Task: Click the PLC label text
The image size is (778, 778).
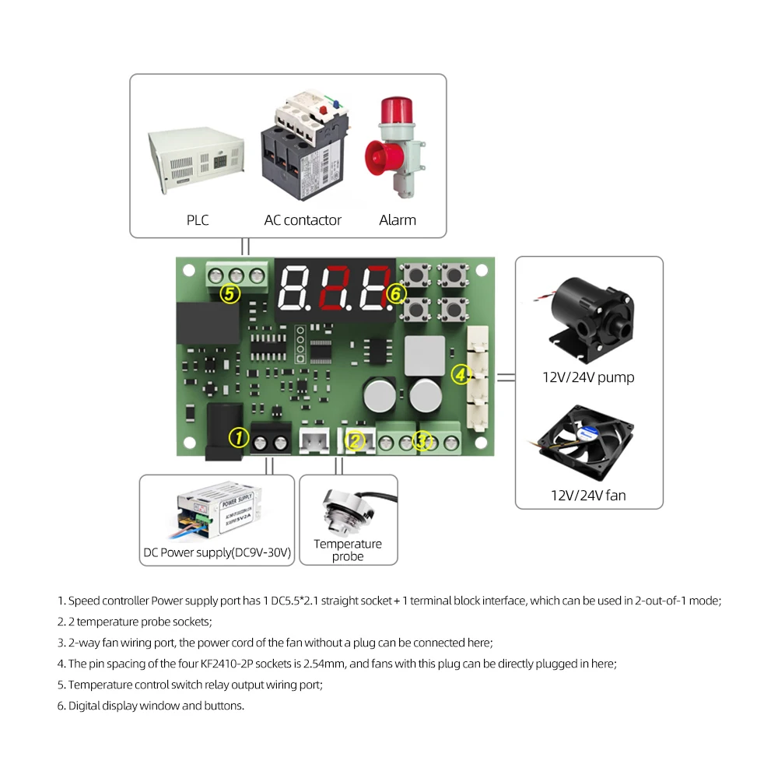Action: click(x=198, y=220)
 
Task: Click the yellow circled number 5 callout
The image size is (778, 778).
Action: click(x=230, y=294)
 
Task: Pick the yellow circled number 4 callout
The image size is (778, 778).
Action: click(x=461, y=375)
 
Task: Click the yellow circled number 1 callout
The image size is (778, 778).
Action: click(x=239, y=438)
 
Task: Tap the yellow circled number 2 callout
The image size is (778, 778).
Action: click(x=356, y=441)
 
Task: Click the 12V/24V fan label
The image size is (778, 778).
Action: click(x=588, y=495)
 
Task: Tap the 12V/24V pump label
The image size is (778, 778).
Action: click(x=588, y=378)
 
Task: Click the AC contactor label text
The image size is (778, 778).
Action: click(x=303, y=220)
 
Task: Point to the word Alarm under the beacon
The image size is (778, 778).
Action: click(x=398, y=220)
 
